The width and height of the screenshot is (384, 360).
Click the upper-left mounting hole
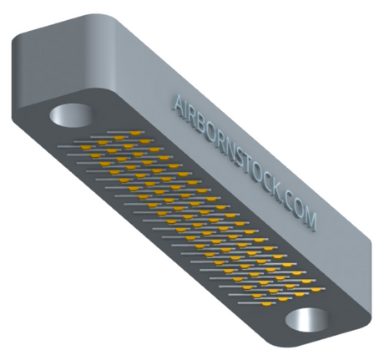[71, 115]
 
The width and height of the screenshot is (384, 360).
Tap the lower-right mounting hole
[307, 320]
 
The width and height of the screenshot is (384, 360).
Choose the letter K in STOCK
[281, 197]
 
